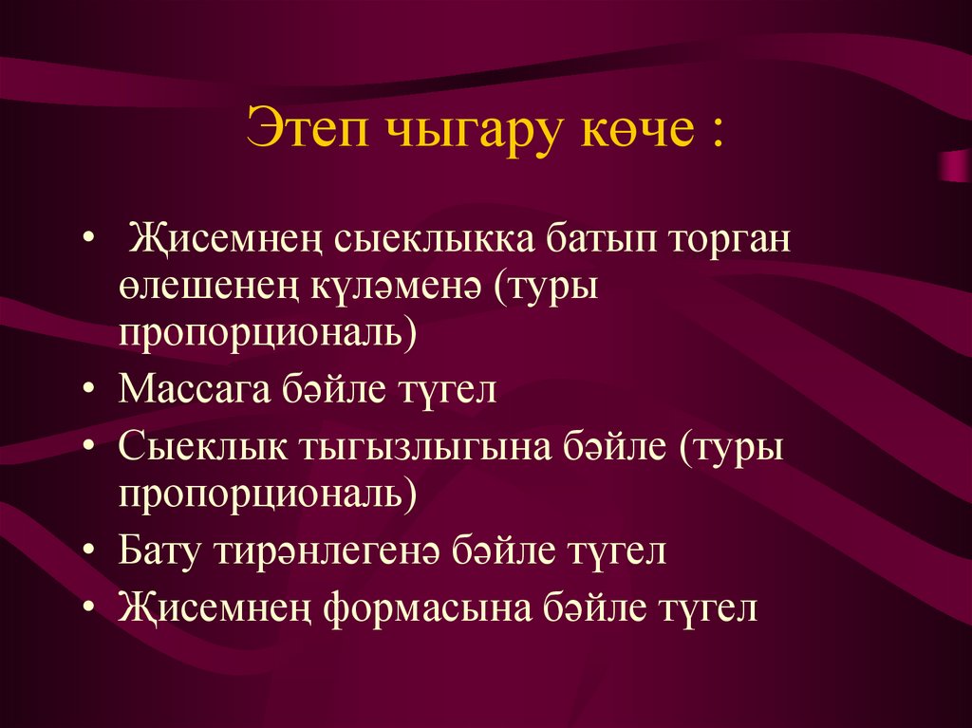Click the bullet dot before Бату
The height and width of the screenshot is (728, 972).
coord(88,553)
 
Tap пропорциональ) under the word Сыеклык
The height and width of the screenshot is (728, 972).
coord(269,495)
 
